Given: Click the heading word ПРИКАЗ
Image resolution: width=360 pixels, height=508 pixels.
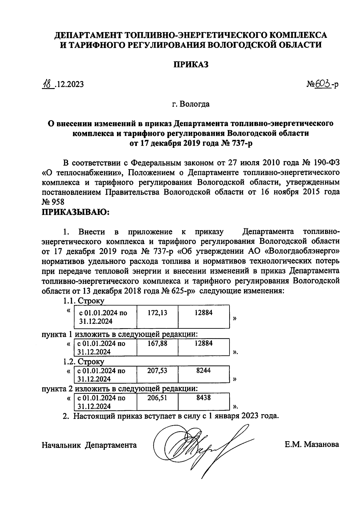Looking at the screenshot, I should click(x=191, y=65).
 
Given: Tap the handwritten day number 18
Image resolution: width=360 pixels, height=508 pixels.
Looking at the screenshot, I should click(x=47, y=84).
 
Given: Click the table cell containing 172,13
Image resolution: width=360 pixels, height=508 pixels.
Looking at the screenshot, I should click(x=157, y=316).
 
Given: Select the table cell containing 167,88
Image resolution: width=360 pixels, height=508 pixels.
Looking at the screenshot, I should click(x=157, y=347).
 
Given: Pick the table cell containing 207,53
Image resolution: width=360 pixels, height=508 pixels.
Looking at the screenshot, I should click(x=157, y=374).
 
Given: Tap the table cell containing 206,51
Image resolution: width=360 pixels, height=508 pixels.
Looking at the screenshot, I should click(x=157, y=402).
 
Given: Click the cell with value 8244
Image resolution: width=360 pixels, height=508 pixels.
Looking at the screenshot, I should click(x=203, y=374).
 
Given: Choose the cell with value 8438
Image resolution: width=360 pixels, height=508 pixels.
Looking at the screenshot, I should click(x=203, y=402).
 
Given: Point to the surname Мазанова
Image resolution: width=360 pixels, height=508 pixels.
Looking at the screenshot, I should click(x=322, y=444).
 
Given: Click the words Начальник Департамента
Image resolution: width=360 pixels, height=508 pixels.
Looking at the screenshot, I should click(x=89, y=445).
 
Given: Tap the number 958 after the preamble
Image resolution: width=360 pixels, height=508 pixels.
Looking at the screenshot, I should click(x=58, y=202).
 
